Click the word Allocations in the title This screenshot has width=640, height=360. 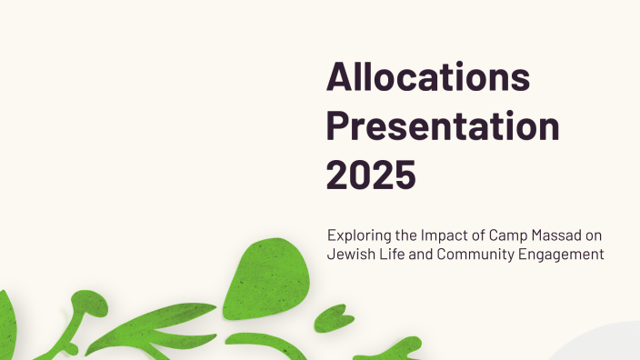[x=428, y=78]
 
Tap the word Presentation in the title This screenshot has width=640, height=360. [x=443, y=127]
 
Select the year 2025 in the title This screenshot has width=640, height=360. [x=371, y=175]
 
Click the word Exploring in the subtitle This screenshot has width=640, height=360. [x=357, y=235]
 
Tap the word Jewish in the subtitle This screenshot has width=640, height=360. [x=349, y=255]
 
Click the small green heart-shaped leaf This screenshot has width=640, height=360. [x=331, y=320]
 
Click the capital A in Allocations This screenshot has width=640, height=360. [x=341, y=78]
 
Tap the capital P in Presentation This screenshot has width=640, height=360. [x=339, y=127]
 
